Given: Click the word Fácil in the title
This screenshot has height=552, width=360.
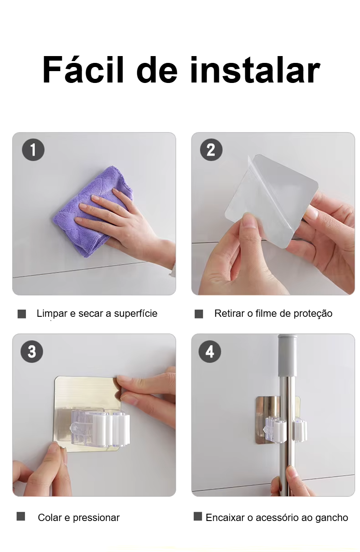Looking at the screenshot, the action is [x=83, y=70].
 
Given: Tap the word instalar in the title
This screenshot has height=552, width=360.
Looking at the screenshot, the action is [x=255, y=70].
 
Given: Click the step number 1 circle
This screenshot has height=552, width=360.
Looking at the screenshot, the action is [x=33, y=150].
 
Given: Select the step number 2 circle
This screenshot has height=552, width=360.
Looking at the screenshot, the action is [x=211, y=150].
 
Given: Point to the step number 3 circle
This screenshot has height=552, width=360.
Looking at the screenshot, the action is [x=32, y=351].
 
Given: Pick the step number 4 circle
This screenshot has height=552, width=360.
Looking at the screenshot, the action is [x=210, y=351].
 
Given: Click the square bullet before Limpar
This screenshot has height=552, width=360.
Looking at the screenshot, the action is [x=22, y=314].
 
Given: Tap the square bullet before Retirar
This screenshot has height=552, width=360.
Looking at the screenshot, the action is [x=199, y=314].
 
